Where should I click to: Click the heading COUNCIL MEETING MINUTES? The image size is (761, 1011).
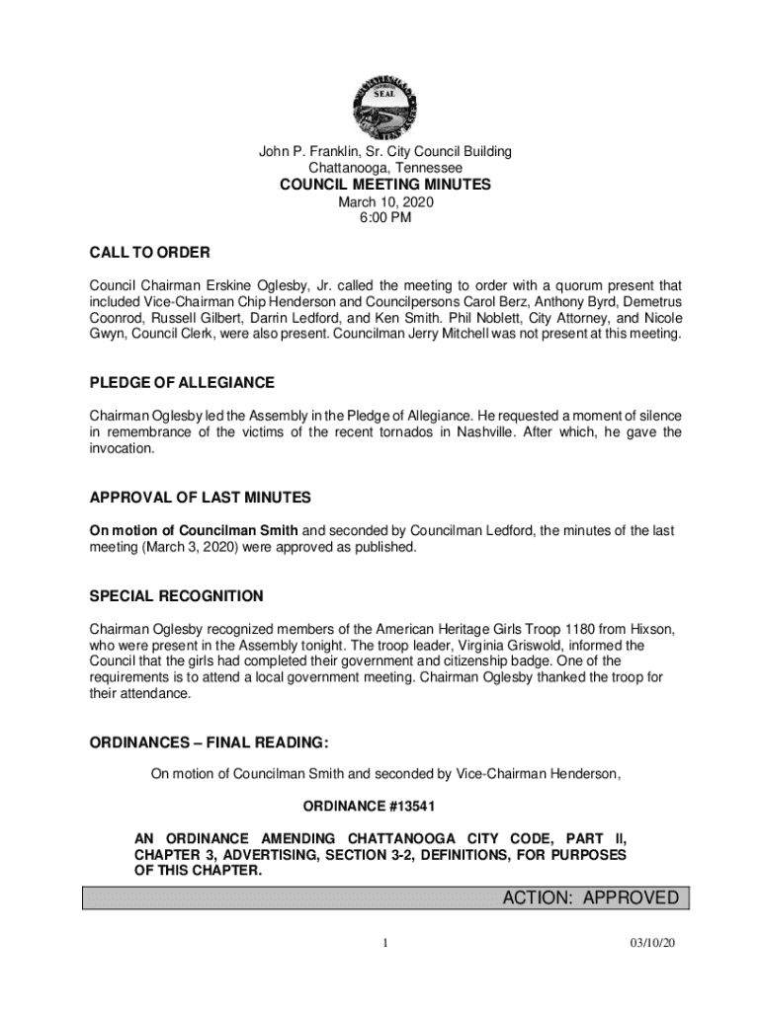[x=385, y=185]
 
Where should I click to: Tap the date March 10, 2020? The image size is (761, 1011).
[x=385, y=202]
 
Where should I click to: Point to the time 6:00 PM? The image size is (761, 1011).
[x=385, y=218]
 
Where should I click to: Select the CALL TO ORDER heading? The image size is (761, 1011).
[x=149, y=253]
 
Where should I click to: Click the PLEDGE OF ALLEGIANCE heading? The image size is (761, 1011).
[x=182, y=382]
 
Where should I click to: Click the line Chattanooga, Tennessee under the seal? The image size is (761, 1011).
[x=385, y=168]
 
